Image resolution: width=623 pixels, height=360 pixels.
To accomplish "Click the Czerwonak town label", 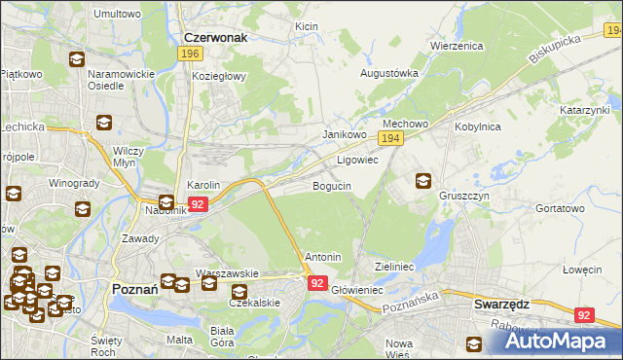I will pyautogui.click(x=215, y=37).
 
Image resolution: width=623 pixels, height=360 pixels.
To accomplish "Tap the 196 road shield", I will pyautogui.click(x=191, y=54).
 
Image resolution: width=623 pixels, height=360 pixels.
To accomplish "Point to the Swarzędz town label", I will pyautogui.click(x=501, y=304).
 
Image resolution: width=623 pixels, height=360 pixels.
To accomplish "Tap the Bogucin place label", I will pyautogui.click(x=331, y=185).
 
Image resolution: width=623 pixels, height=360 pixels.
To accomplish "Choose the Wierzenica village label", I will pyautogui.click(x=457, y=45).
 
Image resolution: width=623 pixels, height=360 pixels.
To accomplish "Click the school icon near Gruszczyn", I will pyautogui.click(x=423, y=180).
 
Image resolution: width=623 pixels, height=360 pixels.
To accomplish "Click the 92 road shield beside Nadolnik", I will pyautogui.click(x=198, y=204).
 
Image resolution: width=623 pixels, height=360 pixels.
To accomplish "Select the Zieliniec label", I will pyautogui.click(x=395, y=266).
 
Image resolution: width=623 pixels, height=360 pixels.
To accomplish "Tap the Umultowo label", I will pyautogui.click(x=117, y=15).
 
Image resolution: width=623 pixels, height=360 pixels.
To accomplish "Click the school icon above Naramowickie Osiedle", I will pyautogui.click(x=76, y=59).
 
